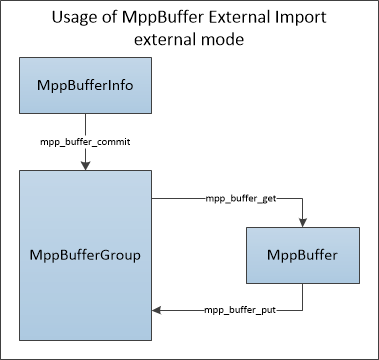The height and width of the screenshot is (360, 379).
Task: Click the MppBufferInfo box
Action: [85, 85]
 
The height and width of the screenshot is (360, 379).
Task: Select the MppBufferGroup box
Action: [85, 255]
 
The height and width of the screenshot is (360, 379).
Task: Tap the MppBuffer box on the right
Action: [303, 255]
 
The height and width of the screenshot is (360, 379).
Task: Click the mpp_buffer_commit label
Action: [85, 142]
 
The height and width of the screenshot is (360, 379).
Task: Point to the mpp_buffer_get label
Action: [241, 199]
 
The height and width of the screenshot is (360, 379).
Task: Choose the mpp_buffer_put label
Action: [240, 310]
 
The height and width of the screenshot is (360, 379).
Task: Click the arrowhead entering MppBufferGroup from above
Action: [86, 166]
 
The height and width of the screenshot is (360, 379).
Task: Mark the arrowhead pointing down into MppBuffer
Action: [303, 223]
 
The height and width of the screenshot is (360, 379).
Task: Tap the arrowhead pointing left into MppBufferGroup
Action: [156, 310]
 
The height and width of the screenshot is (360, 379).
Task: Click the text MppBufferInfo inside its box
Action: [85, 86]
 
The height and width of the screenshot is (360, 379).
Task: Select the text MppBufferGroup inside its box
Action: [85, 256]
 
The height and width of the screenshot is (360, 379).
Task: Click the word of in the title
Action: [107, 17]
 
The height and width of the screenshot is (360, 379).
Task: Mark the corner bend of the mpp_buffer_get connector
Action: [303, 199]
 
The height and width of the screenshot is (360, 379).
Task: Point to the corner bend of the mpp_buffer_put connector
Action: [303, 310]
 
